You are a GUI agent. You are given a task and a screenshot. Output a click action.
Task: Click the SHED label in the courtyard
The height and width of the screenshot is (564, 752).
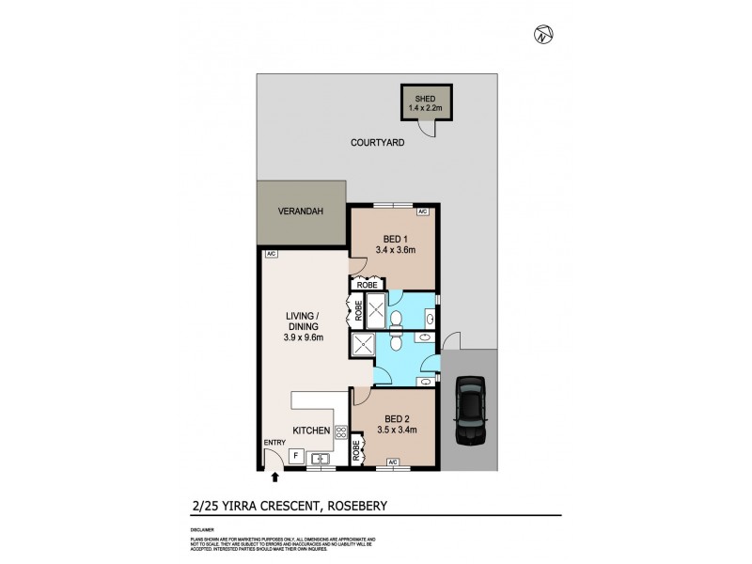click(422, 97)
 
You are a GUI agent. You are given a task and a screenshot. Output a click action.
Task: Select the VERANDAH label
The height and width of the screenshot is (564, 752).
click(301, 212)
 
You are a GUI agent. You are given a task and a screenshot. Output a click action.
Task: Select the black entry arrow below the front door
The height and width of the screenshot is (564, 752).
click(274, 478)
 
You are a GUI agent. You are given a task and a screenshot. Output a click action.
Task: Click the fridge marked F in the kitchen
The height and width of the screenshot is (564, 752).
click(296, 456)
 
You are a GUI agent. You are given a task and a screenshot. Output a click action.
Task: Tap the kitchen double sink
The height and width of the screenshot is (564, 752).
click(321, 459)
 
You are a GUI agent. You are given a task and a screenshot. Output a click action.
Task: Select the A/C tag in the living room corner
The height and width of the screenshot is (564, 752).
click(270, 255)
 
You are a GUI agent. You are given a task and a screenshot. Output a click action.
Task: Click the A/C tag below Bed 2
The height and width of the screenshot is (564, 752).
click(393, 462)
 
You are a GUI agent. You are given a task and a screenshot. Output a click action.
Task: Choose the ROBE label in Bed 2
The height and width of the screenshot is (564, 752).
click(357, 451)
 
